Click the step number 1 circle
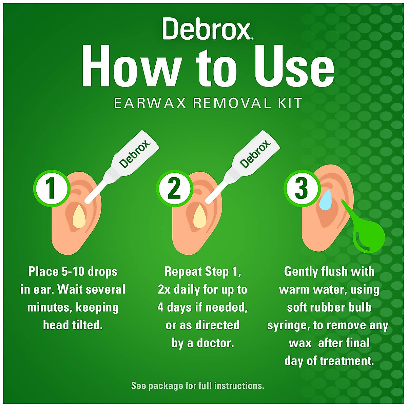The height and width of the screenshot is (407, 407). pyautogui.click(x=51, y=189)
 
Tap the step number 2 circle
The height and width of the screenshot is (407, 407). pyautogui.click(x=174, y=189)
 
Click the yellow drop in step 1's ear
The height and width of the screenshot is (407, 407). pyautogui.click(x=80, y=217)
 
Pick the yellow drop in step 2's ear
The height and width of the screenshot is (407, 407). pyautogui.click(x=200, y=217)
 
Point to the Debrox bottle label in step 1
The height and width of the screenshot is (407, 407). pyautogui.click(x=135, y=154)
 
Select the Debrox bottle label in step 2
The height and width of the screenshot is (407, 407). pyautogui.click(x=255, y=154)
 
